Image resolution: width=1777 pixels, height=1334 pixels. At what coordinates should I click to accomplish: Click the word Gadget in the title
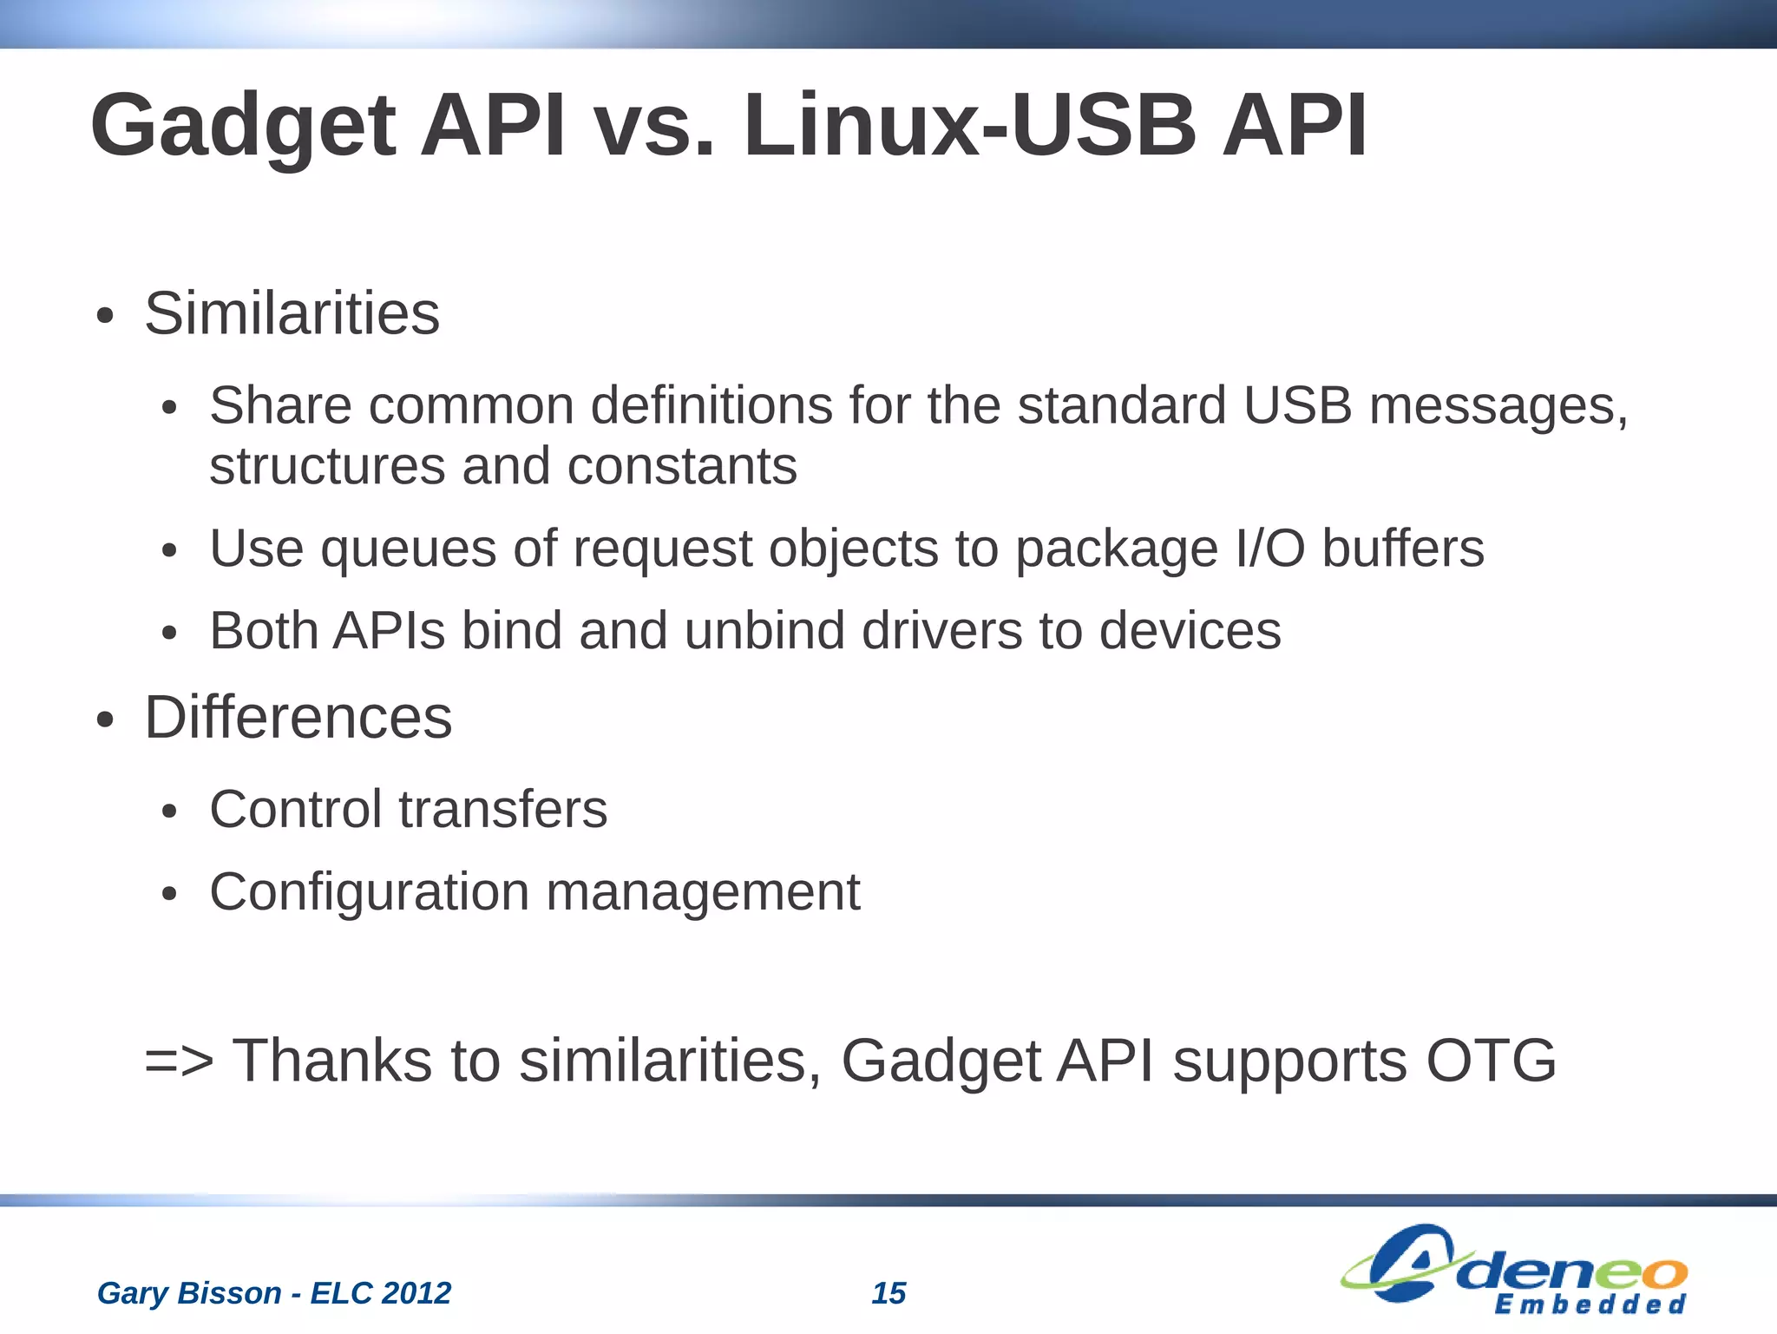(x=243, y=128)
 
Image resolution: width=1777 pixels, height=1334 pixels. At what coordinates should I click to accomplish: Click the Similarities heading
(x=292, y=313)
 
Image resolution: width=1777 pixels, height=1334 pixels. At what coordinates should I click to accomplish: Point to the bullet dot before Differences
(x=105, y=720)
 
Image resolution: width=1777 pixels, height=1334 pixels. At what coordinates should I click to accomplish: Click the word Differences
(x=298, y=719)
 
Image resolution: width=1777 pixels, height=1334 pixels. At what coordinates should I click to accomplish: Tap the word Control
(x=295, y=810)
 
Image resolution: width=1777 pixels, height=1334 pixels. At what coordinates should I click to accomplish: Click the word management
(x=703, y=893)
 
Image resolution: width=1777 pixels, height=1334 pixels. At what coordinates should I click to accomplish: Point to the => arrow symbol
(x=179, y=1061)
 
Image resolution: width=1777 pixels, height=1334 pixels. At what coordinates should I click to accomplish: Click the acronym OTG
(x=1491, y=1061)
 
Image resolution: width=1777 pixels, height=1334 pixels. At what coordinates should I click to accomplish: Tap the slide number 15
(x=888, y=1293)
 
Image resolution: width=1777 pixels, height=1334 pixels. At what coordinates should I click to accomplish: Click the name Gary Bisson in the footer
(x=188, y=1293)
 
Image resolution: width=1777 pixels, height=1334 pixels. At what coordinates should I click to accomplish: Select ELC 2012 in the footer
(x=381, y=1293)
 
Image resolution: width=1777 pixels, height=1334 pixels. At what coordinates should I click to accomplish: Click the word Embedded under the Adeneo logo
(x=1590, y=1305)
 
